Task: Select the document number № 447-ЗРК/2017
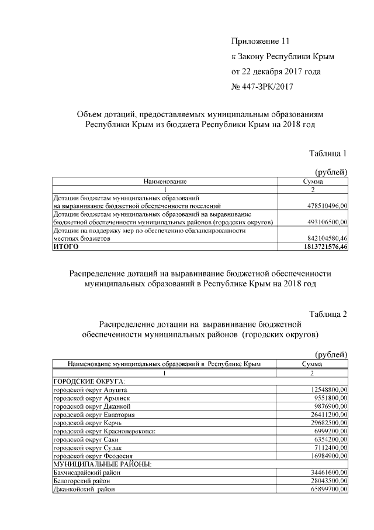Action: (x=262, y=87)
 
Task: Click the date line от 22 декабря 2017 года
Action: (x=276, y=71)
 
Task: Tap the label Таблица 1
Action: (x=328, y=153)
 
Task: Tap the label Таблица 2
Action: (x=328, y=313)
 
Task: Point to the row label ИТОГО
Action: (x=65, y=247)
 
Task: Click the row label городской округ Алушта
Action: (x=90, y=389)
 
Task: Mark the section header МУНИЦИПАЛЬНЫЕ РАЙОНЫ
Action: (x=102, y=463)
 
